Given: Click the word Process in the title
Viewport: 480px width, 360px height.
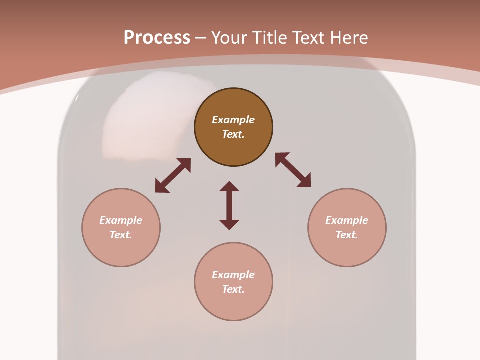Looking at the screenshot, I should pyautogui.click(x=157, y=38).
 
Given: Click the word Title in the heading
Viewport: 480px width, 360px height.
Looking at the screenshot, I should pyautogui.click(x=270, y=38).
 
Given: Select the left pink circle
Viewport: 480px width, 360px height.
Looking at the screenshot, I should pyautogui.click(x=121, y=250).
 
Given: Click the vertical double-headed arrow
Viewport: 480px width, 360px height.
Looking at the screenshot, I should pyautogui.click(x=229, y=205).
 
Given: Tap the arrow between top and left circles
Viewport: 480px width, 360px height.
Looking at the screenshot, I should pyautogui.click(x=173, y=175).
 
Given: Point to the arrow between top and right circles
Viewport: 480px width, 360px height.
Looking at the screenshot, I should pyautogui.click(x=293, y=170).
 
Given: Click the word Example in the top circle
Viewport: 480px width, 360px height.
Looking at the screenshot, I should pyautogui.click(x=233, y=120).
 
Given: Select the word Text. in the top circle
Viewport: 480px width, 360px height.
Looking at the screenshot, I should pyautogui.click(x=233, y=134).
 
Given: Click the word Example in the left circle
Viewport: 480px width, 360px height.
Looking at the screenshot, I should pyautogui.click(x=121, y=220).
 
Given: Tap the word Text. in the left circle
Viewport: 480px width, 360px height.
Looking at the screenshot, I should pyautogui.click(x=121, y=235).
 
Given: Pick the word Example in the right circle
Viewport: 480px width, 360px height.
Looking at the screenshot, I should pyautogui.click(x=347, y=220).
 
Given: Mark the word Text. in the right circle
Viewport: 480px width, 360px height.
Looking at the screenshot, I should pyautogui.click(x=347, y=235).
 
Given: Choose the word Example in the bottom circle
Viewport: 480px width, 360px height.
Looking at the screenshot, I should pyautogui.click(x=233, y=275).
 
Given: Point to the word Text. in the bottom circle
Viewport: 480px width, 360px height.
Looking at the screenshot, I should pyautogui.click(x=233, y=289).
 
